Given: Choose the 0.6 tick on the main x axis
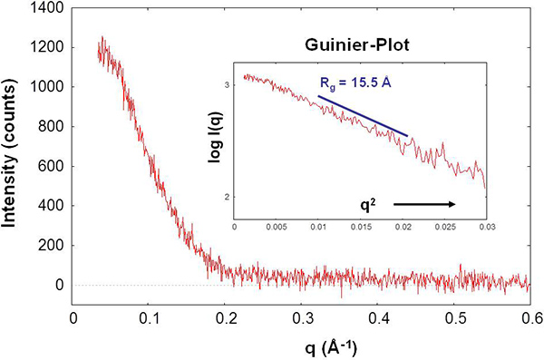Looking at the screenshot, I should [530, 318].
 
